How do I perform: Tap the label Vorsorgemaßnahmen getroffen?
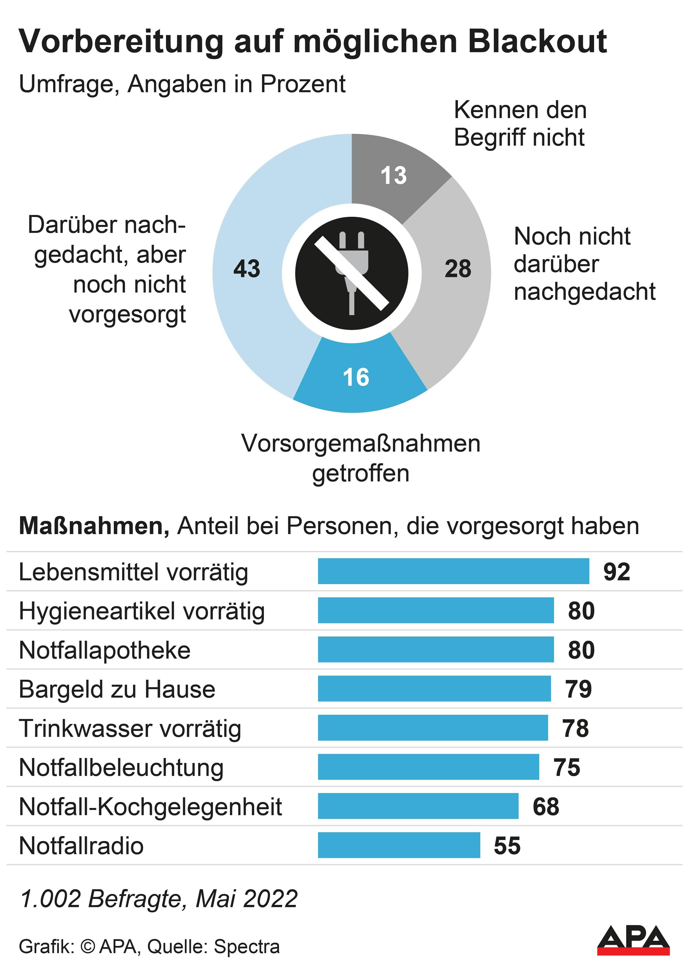click(x=361, y=458)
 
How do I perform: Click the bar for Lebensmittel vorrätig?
click(x=453, y=571)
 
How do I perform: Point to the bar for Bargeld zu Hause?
click(x=434, y=688)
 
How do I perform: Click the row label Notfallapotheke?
click(x=105, y=650)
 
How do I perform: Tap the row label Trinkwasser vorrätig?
click(x=130, y=728)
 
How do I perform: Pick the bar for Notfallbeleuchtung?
click(x=428, y=767)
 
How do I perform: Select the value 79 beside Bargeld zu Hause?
click(x=578, y=689)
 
